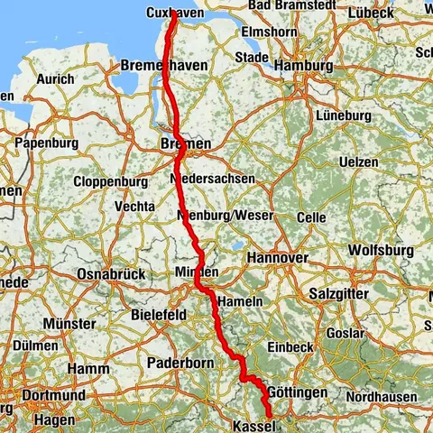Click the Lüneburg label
point(344,116)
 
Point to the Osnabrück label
point(105,273)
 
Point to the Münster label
point(69,323)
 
